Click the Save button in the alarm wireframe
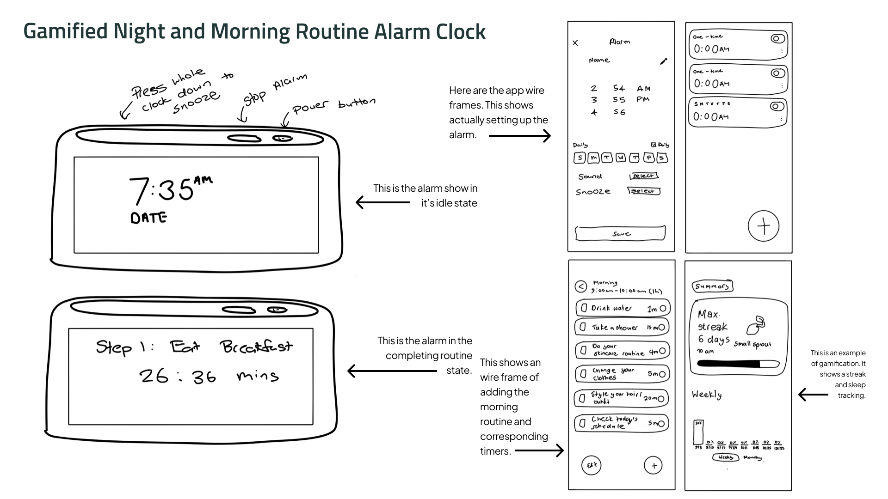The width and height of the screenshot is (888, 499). (x=620, y=233)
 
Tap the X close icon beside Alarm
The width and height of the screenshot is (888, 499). (x=575, y=43)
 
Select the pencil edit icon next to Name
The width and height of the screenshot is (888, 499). (x=664, y=61)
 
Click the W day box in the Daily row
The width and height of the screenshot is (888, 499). (x=621, y=158)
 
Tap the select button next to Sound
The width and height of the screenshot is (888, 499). (x=643, y=176)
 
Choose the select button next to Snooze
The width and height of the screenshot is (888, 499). (x=643, y=191)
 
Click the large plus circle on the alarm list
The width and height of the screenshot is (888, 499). (x=764, y=226)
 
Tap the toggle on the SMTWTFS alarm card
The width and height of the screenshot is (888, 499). (x=777, y=106)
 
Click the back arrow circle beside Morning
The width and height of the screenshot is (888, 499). (x=581, y=286)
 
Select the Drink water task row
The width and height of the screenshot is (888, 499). (x=623, y=308)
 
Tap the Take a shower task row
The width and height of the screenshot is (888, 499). (x=623, y=327)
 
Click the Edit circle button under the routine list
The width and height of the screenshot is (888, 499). (x=592, y=465)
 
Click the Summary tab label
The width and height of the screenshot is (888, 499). (x=712, y=286)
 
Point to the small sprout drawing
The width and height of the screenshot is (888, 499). (x=755, y=325)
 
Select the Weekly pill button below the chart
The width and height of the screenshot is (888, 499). (x=726, y=457)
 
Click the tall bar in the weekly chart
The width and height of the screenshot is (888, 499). (x=698, y=432)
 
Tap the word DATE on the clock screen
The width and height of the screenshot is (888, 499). (x=148, y=218)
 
